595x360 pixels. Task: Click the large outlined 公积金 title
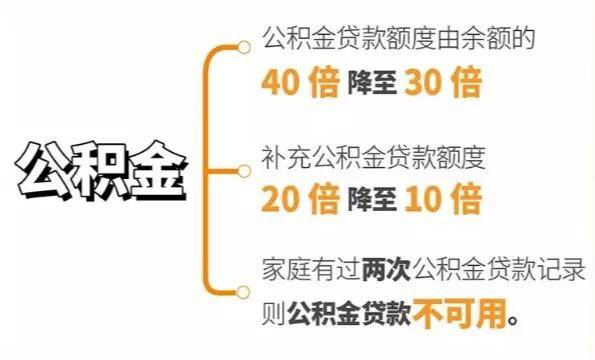[x=102, y=170]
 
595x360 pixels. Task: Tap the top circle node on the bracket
[x=244, y=47]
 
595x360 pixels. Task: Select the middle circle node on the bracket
[x=244, y=171]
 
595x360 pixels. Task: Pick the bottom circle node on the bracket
[x=243, y=292]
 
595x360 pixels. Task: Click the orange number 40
[x=280, y=82]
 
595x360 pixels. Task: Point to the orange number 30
[x=423, y=82]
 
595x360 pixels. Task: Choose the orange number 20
[x=280, y=199]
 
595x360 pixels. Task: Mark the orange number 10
[x=423, y=199]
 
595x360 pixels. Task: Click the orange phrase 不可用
[x=460, y=314]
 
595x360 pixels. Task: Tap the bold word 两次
[x=387, y=270]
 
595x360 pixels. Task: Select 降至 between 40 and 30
[x=372, y=82]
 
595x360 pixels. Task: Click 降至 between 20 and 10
[x=372, y=199]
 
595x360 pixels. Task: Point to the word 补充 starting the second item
[x=286, y=157]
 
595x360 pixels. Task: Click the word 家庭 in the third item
[x=286, y=270]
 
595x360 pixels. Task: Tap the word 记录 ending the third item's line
[x=561, y=270]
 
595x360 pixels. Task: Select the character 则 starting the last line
[x=274, y=314]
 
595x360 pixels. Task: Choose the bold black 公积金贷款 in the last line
[x=349, y=314]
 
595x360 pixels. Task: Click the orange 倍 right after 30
[x=467, y=82]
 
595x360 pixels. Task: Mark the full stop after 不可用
[x=513, y=321]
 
